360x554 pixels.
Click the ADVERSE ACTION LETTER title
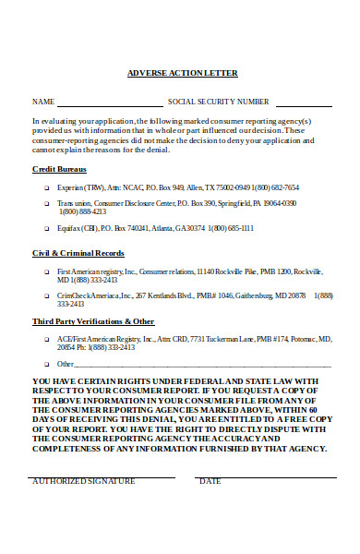(181, 73)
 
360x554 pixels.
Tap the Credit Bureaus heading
(59, 170)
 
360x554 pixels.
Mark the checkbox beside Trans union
(46, 203)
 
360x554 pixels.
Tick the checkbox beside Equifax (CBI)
(46, 227)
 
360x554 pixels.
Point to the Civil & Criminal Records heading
(78, 252)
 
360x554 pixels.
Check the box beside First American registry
(46, 271)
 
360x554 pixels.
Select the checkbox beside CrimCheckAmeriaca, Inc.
(46, 295)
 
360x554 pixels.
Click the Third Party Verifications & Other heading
(93, 320)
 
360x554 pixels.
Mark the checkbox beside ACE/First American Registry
(46, 340)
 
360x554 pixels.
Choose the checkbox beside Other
(46, 364)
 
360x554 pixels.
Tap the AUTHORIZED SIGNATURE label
(83, 481)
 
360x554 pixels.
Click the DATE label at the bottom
(210, 481)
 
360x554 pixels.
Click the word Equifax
(70, 227)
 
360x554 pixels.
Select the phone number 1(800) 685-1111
(239, 227)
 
